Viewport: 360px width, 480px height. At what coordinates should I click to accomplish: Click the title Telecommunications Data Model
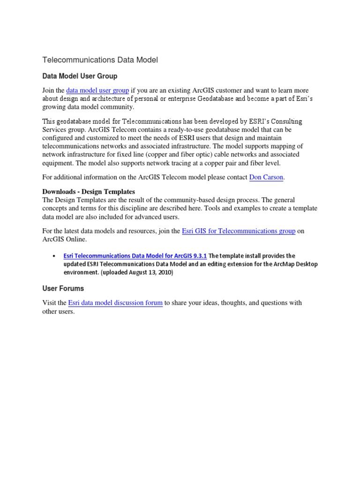tap(100, 60)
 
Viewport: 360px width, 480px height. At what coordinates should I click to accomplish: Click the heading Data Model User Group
tap(80, 76)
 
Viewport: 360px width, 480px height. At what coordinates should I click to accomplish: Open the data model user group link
tap(97, 90)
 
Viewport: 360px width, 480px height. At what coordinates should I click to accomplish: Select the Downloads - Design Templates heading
tap(89, 192)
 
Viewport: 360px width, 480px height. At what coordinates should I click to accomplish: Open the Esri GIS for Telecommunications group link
tap(239, 231)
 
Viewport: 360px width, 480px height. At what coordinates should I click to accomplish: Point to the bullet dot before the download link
tap(52, 256)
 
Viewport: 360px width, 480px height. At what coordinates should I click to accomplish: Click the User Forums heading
tap(63, 288)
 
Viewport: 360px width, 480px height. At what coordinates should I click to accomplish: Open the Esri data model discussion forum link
tap(115, 303)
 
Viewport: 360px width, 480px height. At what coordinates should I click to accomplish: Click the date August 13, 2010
tap(151, 272)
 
